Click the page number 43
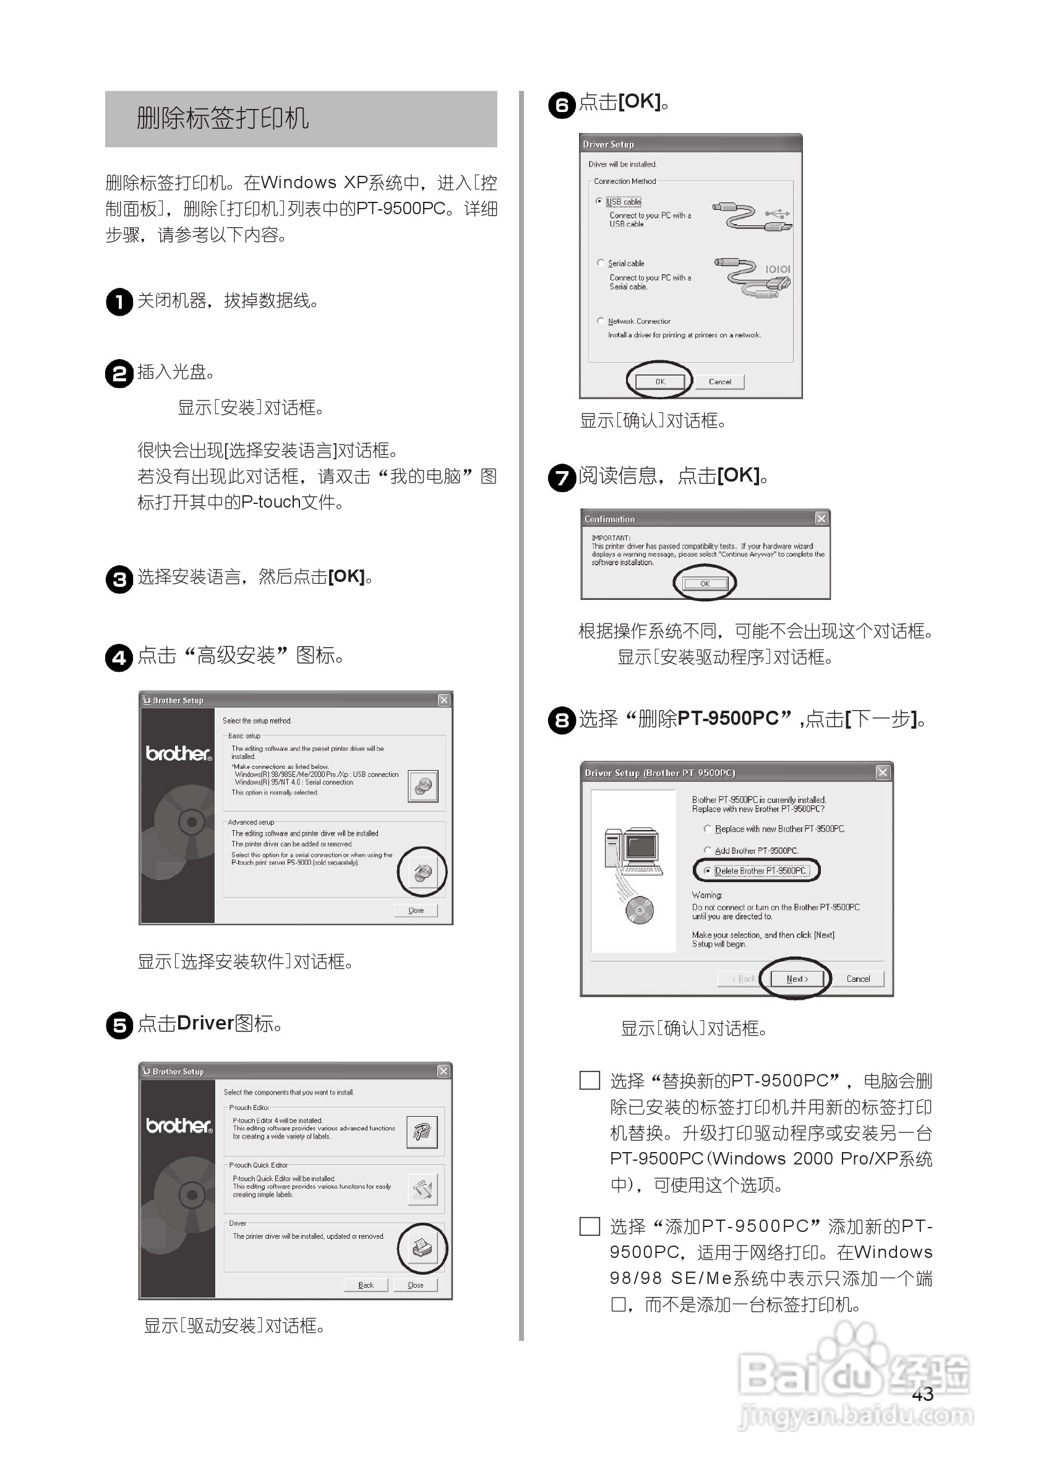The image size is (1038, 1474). point(922,1394)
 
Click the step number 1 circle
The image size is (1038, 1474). point(119,301)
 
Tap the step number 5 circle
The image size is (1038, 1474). point(119,1025)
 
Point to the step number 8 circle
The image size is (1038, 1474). point(561,721)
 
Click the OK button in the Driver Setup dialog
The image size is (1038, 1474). point(659,381)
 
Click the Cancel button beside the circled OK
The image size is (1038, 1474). point(719,381)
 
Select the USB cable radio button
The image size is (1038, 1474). point(599,201)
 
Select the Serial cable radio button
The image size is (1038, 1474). point(601,262)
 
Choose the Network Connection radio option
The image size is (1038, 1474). point(601,320)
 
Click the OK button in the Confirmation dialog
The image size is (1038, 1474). point(705,583)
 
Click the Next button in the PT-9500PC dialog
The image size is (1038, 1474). point(796,978)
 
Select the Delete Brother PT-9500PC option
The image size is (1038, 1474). point(708,870)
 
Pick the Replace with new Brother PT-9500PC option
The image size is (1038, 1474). point(708,829)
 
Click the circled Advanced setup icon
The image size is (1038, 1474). point(422,872)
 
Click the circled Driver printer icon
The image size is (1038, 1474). point(422,1248)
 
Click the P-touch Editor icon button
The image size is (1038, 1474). point(422,1132)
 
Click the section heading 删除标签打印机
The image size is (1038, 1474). point(223,118)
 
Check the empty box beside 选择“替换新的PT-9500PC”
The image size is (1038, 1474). point(589,1080)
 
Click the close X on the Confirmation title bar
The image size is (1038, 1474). point(820,518)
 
